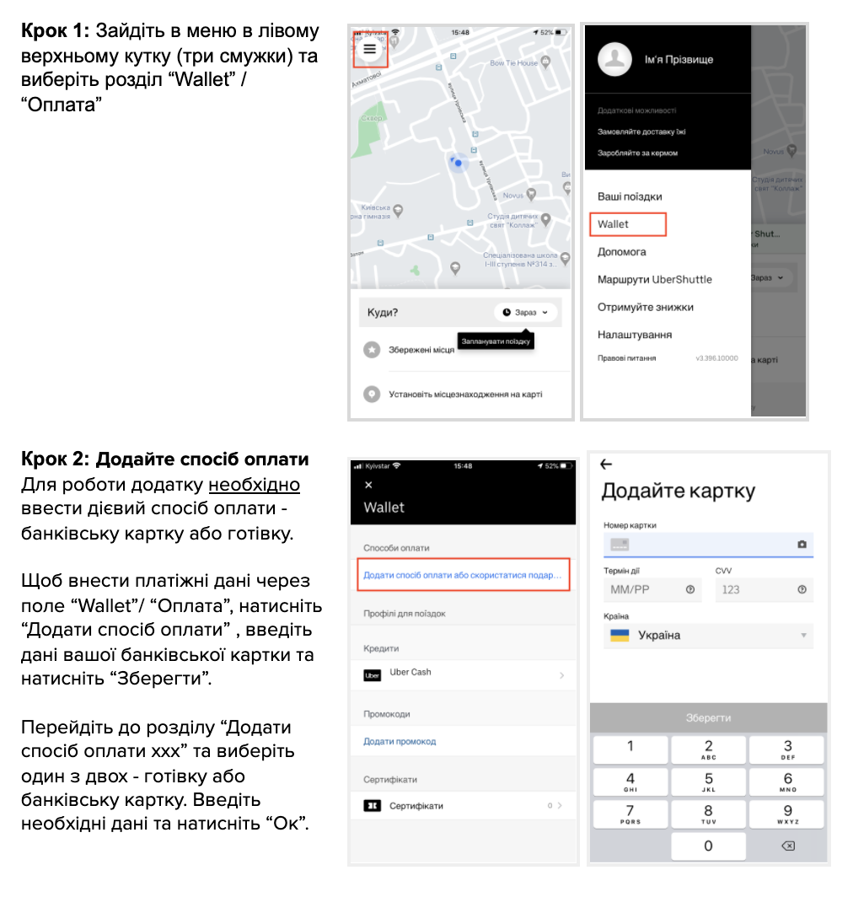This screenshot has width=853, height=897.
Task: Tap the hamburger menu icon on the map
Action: [x=369, y=49]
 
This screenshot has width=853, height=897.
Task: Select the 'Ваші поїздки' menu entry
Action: [x=630, y=196]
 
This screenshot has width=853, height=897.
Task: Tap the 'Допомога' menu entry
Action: [x=622, y=252]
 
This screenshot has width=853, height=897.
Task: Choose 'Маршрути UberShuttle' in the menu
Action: [x=654, y=280]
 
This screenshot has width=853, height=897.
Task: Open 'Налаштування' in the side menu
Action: [x=635, y=335]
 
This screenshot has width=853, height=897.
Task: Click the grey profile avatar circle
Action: [x=615, y=59]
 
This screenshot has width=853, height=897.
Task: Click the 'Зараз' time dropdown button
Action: [x=525, y=313]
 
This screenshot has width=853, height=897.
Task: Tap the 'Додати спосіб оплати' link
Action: [x=463, y=575]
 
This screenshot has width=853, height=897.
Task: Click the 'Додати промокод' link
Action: [x=400, y=742]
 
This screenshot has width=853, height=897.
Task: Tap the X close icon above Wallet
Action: [x=367, y=485]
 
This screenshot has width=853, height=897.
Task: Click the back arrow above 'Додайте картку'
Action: [x=605, y=465]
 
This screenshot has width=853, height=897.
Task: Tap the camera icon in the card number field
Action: [x=802, y=545]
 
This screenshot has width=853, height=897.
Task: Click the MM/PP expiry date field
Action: [x=652, y=589]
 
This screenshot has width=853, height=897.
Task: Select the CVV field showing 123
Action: [x=764, y=589]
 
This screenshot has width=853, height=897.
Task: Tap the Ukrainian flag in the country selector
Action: [x=619, y=636]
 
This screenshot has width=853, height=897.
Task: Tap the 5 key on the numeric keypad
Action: [x=708, y=782]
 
